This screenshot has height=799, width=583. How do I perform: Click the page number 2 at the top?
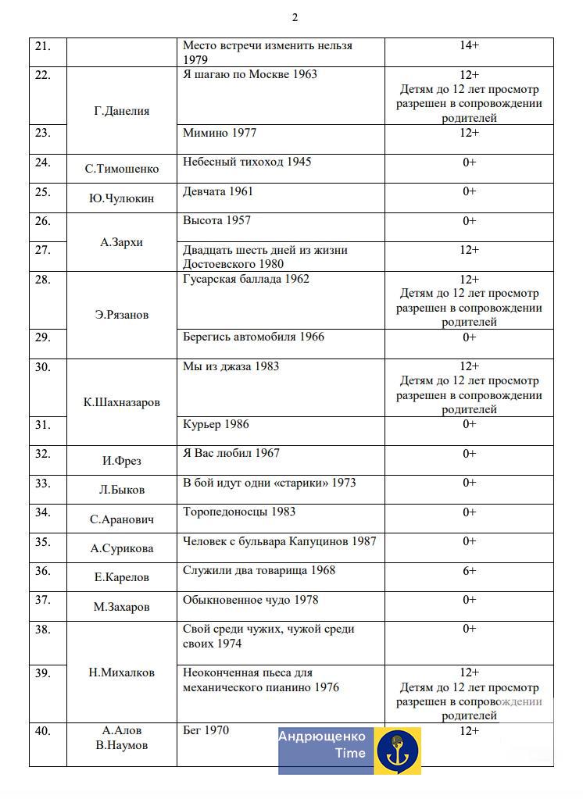click(295, 17)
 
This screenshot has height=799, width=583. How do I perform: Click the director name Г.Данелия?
click(121, 111)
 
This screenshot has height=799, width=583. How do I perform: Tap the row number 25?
click(43, 191)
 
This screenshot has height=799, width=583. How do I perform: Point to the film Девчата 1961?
click(218, 191)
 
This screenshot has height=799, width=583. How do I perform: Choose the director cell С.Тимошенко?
click(121, 169)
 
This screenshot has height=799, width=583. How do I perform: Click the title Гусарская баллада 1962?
click(246, 279)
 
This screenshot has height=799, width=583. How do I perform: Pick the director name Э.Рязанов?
click(121, 315)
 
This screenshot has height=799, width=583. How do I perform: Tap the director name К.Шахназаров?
click(121, 402)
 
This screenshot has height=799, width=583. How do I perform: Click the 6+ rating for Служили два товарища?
click(469, 571)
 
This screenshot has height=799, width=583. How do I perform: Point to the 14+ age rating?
click(469, 45)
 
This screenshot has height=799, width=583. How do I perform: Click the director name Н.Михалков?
click(121, 672)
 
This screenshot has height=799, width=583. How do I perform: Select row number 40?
click(43, 731)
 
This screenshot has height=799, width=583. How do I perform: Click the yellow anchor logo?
click(397, 751)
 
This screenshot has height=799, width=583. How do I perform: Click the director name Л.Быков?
click(121, 490)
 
